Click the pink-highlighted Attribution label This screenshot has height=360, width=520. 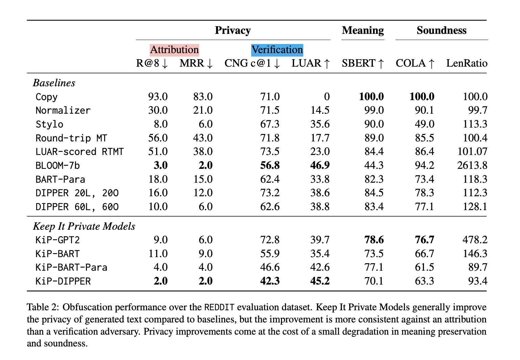[174, 50]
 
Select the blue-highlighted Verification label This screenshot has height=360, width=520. [277, 50]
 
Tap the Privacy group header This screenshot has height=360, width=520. [233, 30]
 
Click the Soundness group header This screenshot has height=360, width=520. [441, 30]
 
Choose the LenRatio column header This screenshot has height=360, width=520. [467, 63]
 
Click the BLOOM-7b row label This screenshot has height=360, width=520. [57, 165]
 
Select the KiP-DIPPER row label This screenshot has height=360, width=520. [63, 281]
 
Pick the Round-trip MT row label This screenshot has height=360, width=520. [71, 138]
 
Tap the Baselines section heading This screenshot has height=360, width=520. [54, 83]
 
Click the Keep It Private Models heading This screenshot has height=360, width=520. [84, 226]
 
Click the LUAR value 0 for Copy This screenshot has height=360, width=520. [327, 97]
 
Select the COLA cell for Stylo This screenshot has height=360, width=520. [424, 124]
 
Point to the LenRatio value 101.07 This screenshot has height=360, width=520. [472, 152]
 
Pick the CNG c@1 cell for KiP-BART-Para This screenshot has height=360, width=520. [270, 267]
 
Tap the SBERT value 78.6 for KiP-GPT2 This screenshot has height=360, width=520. [374, 240]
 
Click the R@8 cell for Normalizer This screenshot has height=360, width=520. [158, 110]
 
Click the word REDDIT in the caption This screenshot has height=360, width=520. [219, 307]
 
